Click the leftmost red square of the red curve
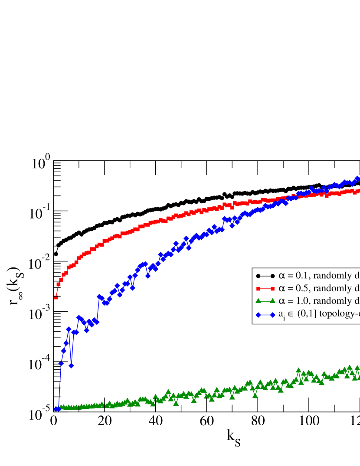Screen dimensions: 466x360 click(x=56, y=297)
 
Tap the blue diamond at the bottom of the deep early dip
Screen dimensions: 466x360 click(x=72, y=365)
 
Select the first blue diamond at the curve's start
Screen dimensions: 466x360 click(x=56, y=408)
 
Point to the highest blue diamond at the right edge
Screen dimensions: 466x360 click(x=357, y=179)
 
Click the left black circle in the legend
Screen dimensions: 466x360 click(x=259, y=275)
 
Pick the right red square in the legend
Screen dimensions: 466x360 click(x=273, y=288)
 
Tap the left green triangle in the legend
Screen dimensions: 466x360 click(x=259, y=301)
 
